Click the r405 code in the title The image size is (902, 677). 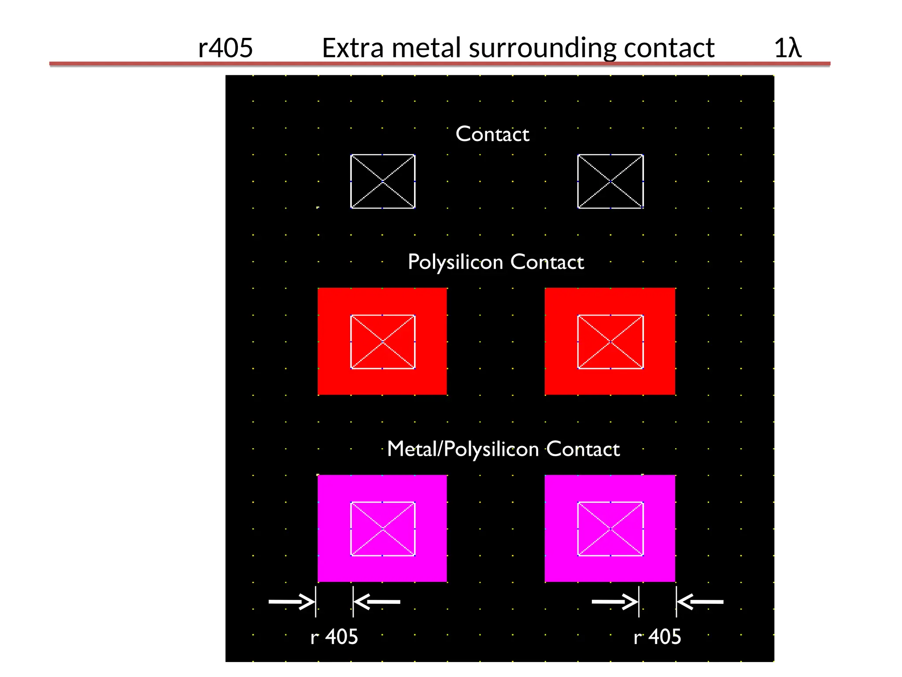(x=225, y=48)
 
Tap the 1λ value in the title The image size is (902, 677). (x=787, y=48)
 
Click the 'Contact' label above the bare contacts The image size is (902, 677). (x=492, y=134)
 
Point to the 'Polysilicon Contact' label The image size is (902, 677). (x=495, y=262)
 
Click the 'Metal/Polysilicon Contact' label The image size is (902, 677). (x=503, y=449)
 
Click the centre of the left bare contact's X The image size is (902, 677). (x=383, y=181)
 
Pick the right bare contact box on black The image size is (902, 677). (x=610, y=181)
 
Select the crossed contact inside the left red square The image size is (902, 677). (x=383, y=342)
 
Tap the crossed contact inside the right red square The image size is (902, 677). (x=610, y=342)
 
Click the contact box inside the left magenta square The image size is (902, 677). (x=383, y=528)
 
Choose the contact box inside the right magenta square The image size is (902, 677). (x=610, y=528)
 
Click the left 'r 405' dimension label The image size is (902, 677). (x=334, y=637)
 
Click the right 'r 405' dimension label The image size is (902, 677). (x=657, y=637)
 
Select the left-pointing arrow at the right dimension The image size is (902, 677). (x=700, y=602)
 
